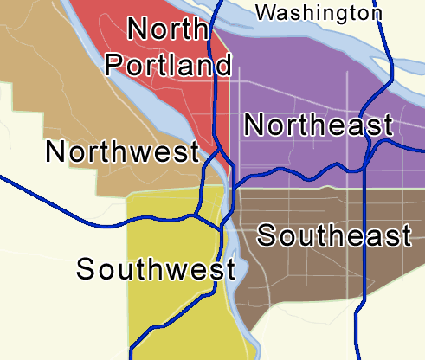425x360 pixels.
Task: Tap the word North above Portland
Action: (x=170, y=29)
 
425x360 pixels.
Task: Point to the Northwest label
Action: (x=123, y=152)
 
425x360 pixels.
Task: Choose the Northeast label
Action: (x=318, y=125)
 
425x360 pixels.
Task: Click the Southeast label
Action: (x=333, y=235)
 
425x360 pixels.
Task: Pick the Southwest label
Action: (x=156, y=268)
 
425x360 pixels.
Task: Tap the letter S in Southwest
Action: (x=86, y=268)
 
